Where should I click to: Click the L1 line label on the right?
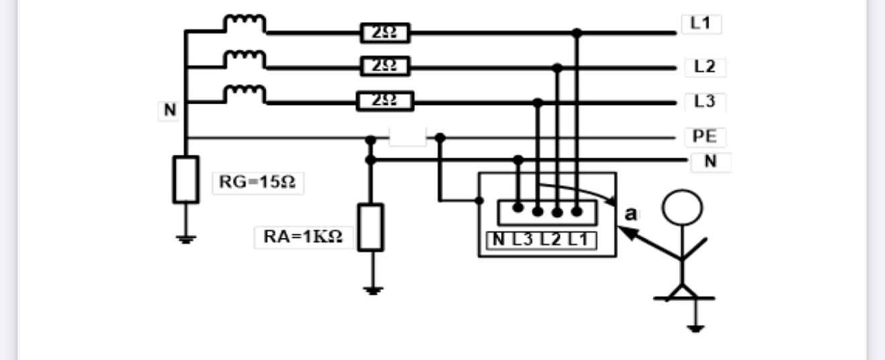701,24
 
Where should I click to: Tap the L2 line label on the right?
705,67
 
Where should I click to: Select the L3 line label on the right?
705,102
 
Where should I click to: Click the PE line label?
705,137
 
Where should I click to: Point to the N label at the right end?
711,162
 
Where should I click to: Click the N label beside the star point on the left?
170,111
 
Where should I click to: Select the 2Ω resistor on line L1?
384,32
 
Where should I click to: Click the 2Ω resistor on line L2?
384,66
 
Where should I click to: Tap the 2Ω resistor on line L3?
384,101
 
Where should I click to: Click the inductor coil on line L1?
245,23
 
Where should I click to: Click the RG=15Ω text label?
257,182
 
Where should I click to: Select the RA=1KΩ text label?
304,237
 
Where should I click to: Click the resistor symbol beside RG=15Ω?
186,179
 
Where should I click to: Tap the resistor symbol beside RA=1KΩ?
370,227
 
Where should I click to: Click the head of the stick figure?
683,209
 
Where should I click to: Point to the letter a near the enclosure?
630,215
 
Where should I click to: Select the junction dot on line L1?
577,32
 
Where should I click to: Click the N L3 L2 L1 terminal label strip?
544,239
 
